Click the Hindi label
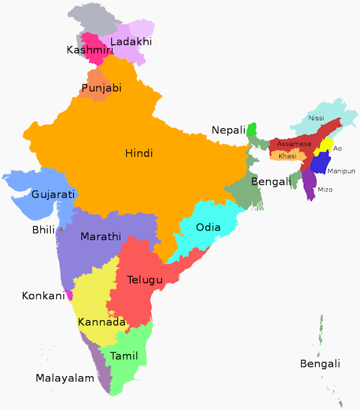tap(139, 153)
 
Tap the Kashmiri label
tap(86, 49)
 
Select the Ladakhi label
tap(131, 42)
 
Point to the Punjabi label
tap(101, 88)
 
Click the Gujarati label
tap(53, 194)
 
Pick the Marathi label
tap(101, 236)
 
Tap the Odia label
tap(208, 227)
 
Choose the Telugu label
tap(145, 280)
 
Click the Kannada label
tap(101, 322)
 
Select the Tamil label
tap(124, 356)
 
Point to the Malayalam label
tap(65, 378)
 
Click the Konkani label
tap(44, 296)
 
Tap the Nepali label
tap(229, 131)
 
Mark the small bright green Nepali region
tap(252, 129)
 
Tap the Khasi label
tap(288, 156)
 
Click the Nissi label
tap(316, 119)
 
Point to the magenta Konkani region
tap(69, 295)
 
